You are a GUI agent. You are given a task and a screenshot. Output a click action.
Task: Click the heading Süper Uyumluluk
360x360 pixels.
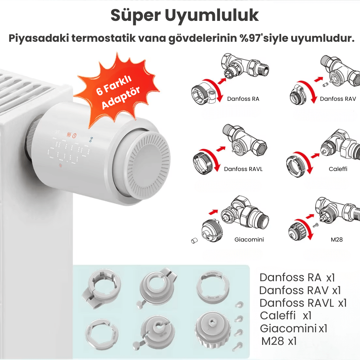(185, 15)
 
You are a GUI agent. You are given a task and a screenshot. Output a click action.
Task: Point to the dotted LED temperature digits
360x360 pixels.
(68, 151)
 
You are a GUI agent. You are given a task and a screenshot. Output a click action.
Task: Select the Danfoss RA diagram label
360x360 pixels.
(243, 99)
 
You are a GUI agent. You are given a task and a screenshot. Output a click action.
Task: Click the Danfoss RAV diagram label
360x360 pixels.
(338, 99)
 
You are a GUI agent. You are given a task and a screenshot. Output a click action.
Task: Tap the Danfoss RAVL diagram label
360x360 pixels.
(243, 169)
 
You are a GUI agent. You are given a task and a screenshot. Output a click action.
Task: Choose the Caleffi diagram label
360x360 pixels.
(338, 169)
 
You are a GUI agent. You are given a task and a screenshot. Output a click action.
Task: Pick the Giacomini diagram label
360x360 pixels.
(249, 240)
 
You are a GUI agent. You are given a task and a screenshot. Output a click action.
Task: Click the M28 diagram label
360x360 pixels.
(337, 240)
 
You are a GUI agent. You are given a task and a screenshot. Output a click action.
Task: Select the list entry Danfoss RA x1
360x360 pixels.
(297, 278)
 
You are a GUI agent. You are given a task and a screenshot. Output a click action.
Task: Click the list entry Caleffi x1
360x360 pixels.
(285, 316)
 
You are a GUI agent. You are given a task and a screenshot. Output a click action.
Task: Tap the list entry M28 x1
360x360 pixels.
(279, 341)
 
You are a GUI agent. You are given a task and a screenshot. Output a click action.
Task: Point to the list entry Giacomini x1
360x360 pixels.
(293, 329)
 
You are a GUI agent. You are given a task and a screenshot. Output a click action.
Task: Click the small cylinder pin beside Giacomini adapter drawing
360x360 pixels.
(194, 240)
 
